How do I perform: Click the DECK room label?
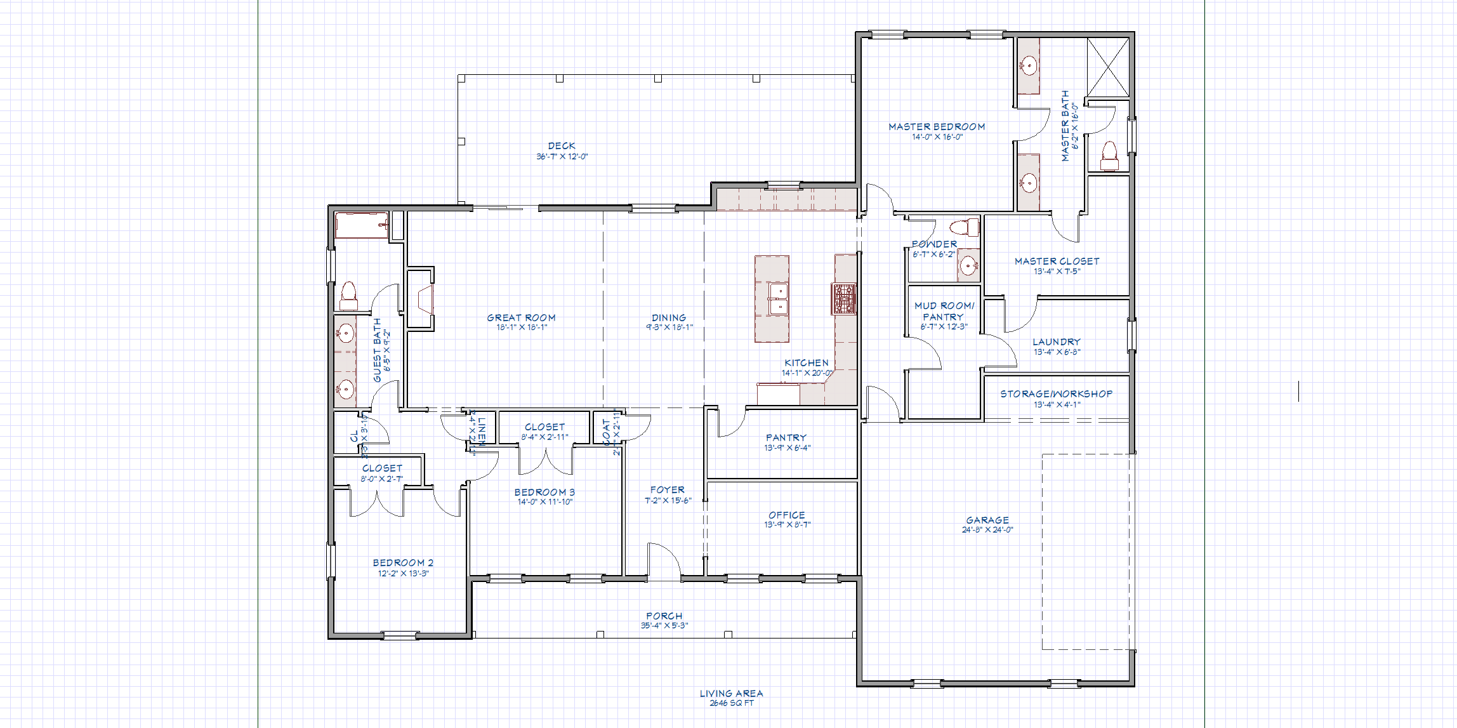(x=562, y=146)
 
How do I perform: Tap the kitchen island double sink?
(x=777, y=300)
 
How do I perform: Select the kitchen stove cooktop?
(x=844, y=298)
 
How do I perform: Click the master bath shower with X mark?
(x=1107, y=67)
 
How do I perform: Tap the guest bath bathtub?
(x=361, y=225)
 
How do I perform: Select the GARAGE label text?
(x=987, y=520)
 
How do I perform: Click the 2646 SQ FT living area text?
(x=731, y=703)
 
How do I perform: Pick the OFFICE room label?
(x=787, y=515)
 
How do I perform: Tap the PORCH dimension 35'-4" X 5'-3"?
(x=664, y=626)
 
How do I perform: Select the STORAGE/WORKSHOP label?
(x=1056, y=394)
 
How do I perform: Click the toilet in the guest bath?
(x=348, y=296)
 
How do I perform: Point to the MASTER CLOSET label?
(x=1057, y=261)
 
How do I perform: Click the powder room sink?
(x=968, y=266)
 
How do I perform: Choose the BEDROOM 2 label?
(x=403, y=563)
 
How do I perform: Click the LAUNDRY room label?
(x=1056, y=342)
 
